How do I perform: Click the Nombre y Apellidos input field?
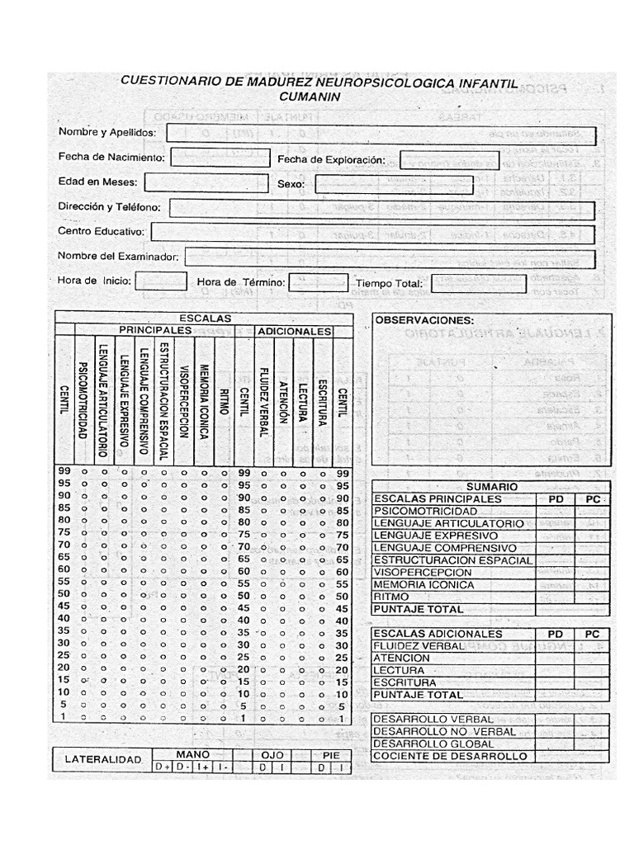[x=381, y=134]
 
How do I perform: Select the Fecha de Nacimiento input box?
[x=220, y=158]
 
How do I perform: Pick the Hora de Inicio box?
[x=161, y=281]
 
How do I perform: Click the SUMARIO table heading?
[x=492, y=488]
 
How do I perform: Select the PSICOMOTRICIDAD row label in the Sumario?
[x=424, y=512]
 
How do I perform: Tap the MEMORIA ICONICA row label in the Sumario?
[x=424, y=585]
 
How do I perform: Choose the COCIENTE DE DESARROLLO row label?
[x=450, y=756]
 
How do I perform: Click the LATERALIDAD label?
[x=105, y=759]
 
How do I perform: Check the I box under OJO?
[x=282, y=767]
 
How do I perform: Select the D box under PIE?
[x=322, y=767]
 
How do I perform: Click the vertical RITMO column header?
[x=224, y=392]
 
